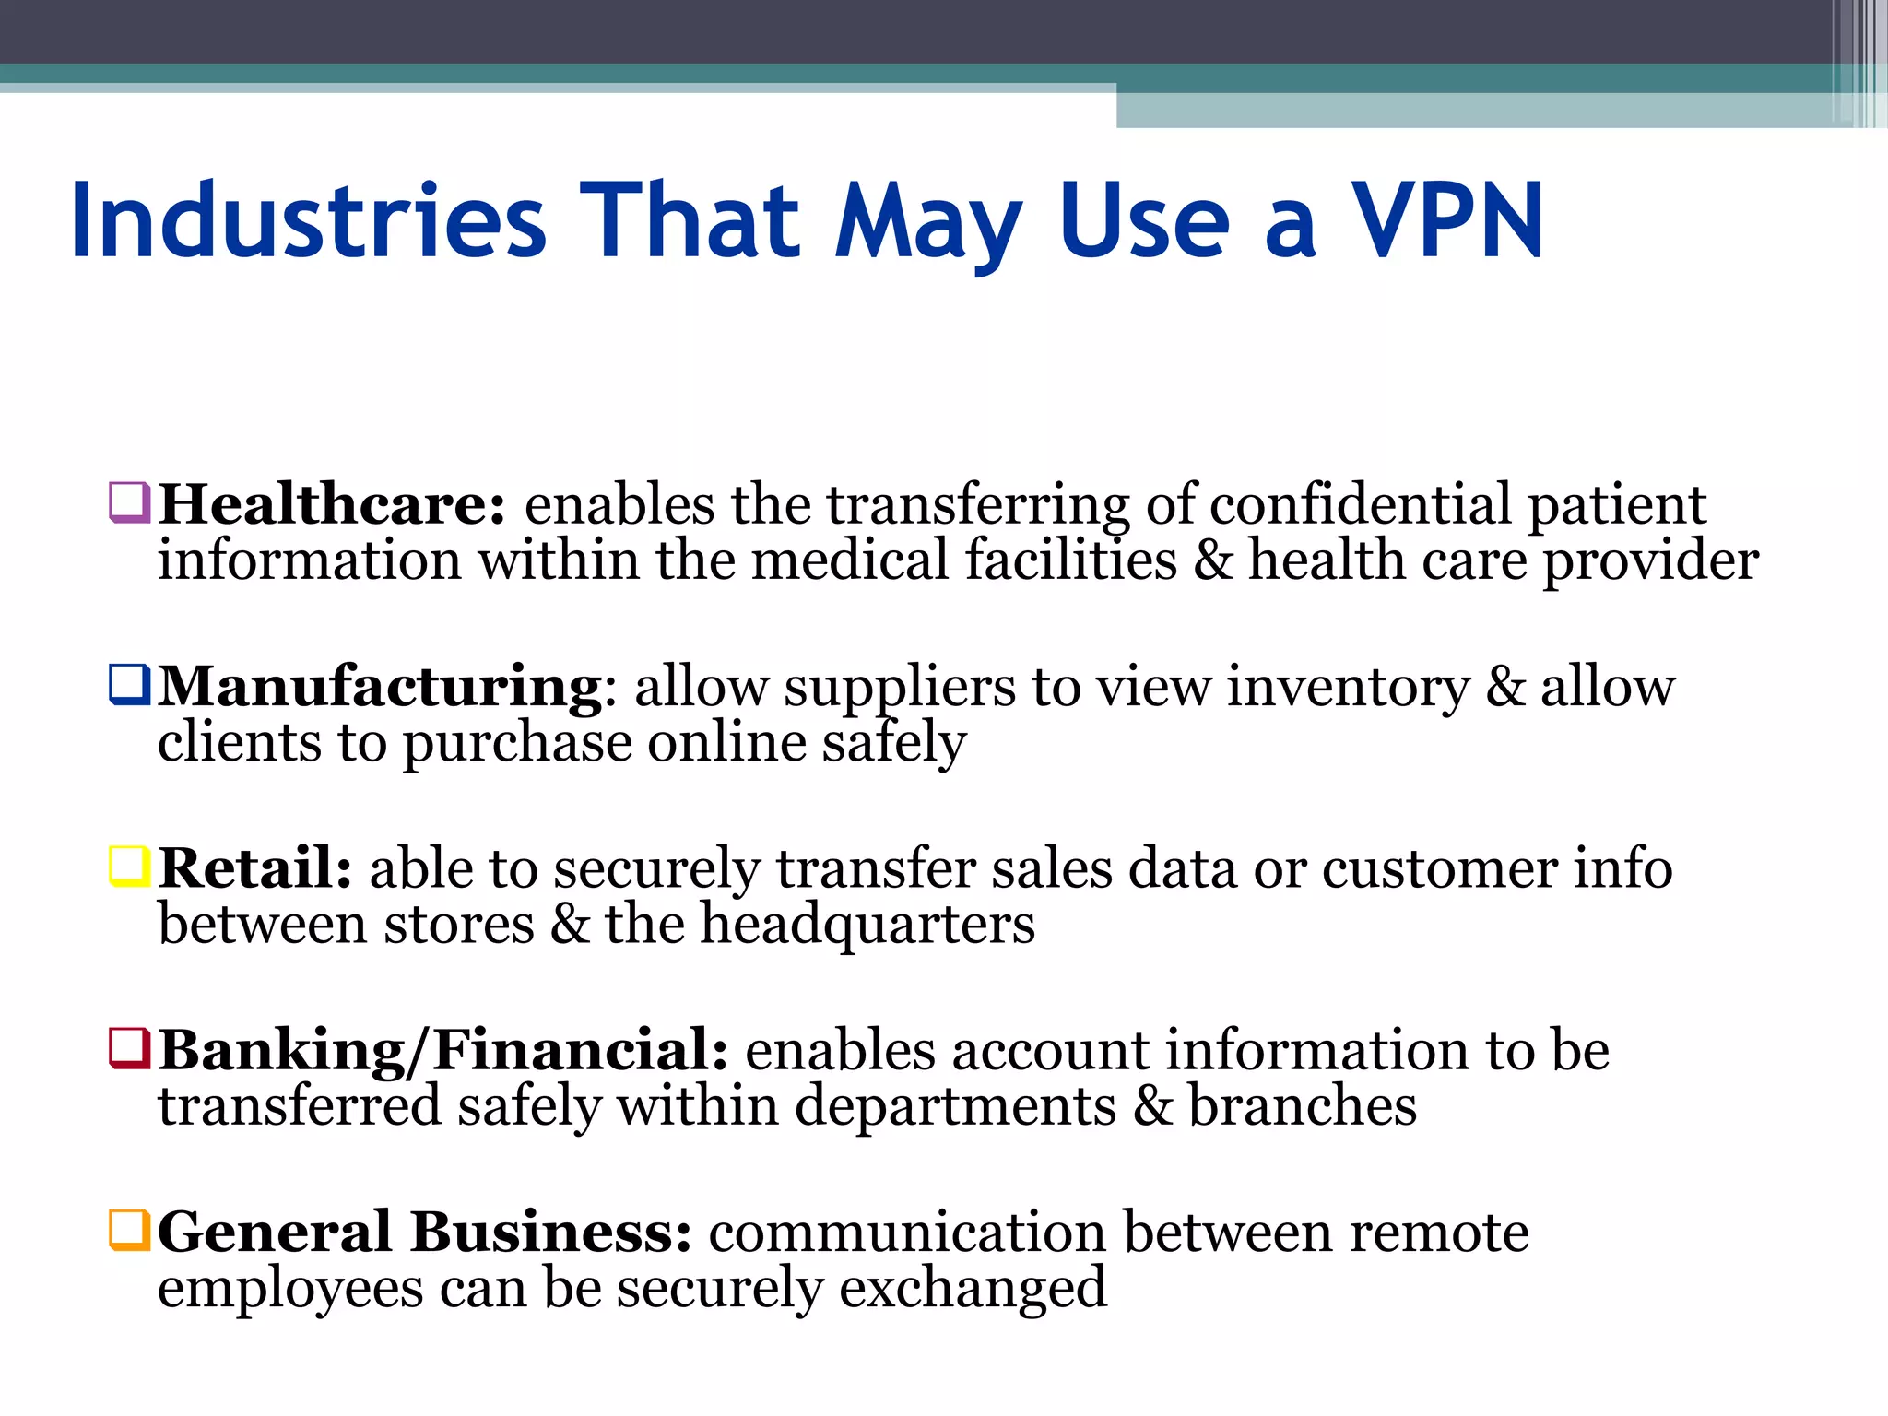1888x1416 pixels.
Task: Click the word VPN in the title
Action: (x=1446, y=221)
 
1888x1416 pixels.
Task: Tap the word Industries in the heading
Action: (x=309, y=221)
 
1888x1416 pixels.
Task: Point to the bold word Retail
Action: (x=254, y=868)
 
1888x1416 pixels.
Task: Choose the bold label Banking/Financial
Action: (x=443, y=1050)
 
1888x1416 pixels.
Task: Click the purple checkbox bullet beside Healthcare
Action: (x=129, y=502)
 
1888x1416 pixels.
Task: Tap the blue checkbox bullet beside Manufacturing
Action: (x=129, y=685)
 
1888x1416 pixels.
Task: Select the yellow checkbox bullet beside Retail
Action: (x=129, y=867)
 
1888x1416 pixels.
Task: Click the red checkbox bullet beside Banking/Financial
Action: (x=129, y=1048)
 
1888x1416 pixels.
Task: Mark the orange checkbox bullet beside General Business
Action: (x=129, y=1230)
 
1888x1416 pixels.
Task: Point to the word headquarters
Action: (x=867, y=925)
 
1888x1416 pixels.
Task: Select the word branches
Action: (x=1302, y=1106)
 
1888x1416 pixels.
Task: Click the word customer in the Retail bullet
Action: (x=1440, y=868)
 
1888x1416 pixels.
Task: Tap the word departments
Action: (x=955, y=1106)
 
